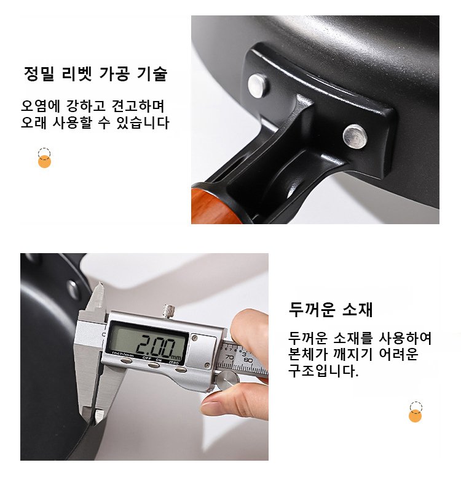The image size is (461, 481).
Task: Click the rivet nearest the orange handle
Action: click(x=259, y=86)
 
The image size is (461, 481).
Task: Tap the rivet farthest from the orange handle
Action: click(x=355, y=136)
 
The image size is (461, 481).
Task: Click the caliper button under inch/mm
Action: click(x=126, y=361)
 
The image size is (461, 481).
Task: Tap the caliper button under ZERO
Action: click(x=181, y=370)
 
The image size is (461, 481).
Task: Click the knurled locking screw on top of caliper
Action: click(x=168, y=311)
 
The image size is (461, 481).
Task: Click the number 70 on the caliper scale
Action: click(x=230, y=357)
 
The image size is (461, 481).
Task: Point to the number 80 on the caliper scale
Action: click(x=248, y=360)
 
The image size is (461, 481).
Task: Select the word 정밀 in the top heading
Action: click(x=39, y=74)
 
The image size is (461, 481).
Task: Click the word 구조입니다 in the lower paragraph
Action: click(x=323, y=371)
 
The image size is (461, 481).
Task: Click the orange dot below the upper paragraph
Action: click(x=44, y=161)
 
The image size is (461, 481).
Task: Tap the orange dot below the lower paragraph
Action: click(x=415, y=416)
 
